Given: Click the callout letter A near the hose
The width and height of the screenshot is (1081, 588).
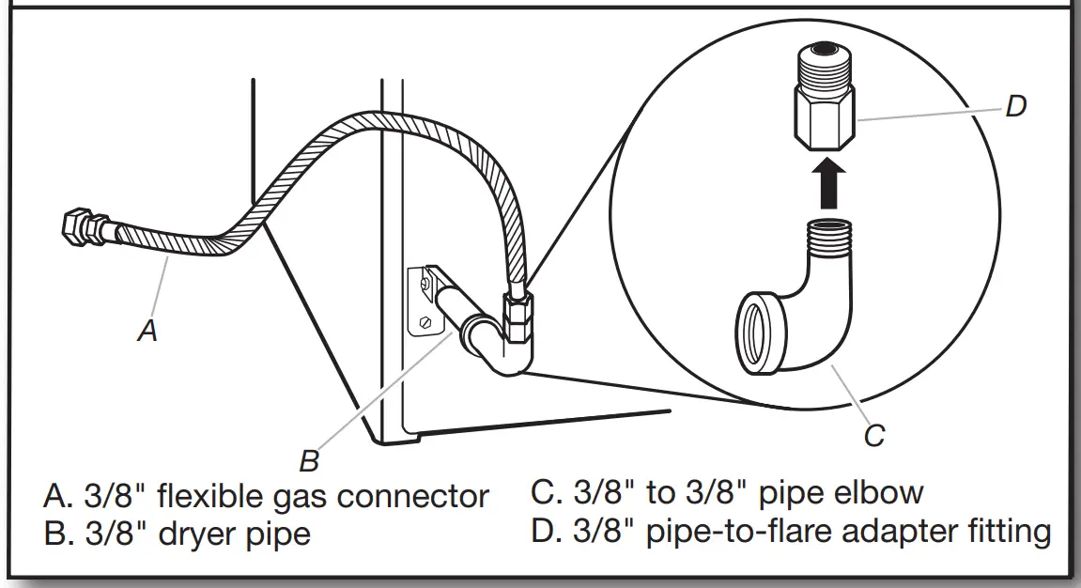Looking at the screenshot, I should click(147, 331).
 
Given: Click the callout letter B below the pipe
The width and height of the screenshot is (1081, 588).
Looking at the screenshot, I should click(309, 461).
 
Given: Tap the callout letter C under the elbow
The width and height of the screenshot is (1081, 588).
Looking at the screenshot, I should click(873, 436).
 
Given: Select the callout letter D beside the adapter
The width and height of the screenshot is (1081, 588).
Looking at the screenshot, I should click(1015, 106).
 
